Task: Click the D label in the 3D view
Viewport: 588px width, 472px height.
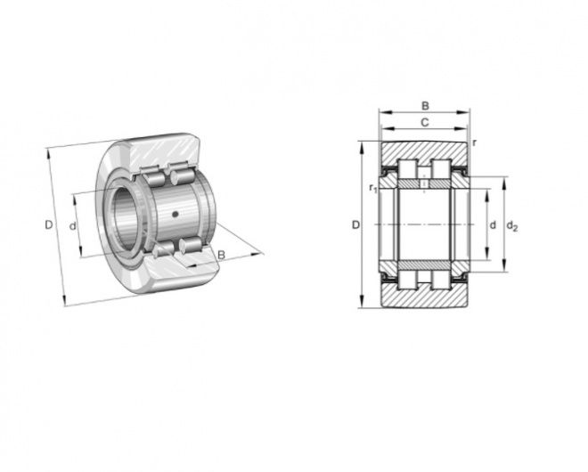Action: pyautogui.click(x=49, y=225)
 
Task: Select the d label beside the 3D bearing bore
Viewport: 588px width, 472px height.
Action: pyautogui.click(x=73, y=225)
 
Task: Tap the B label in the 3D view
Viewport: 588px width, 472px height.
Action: pyautogui.click(x=222, y=255)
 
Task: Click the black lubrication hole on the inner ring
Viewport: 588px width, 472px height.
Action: pyautogui.click(x=175, y=214)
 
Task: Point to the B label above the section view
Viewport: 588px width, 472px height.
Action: pyautogui.click(x=425, y=106)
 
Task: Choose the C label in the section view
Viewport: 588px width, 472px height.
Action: pyautogui.click(x=424, y=122)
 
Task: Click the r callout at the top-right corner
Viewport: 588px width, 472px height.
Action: pyautogui.click(x=475, y=142)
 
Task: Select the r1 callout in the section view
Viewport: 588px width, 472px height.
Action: pyautogui.click(x=372, y=188)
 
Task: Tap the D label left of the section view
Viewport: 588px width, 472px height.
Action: pyautogui.click(x=355, y=225)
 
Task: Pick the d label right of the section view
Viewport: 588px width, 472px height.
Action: pyautogui.click(x=493, y=225)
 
